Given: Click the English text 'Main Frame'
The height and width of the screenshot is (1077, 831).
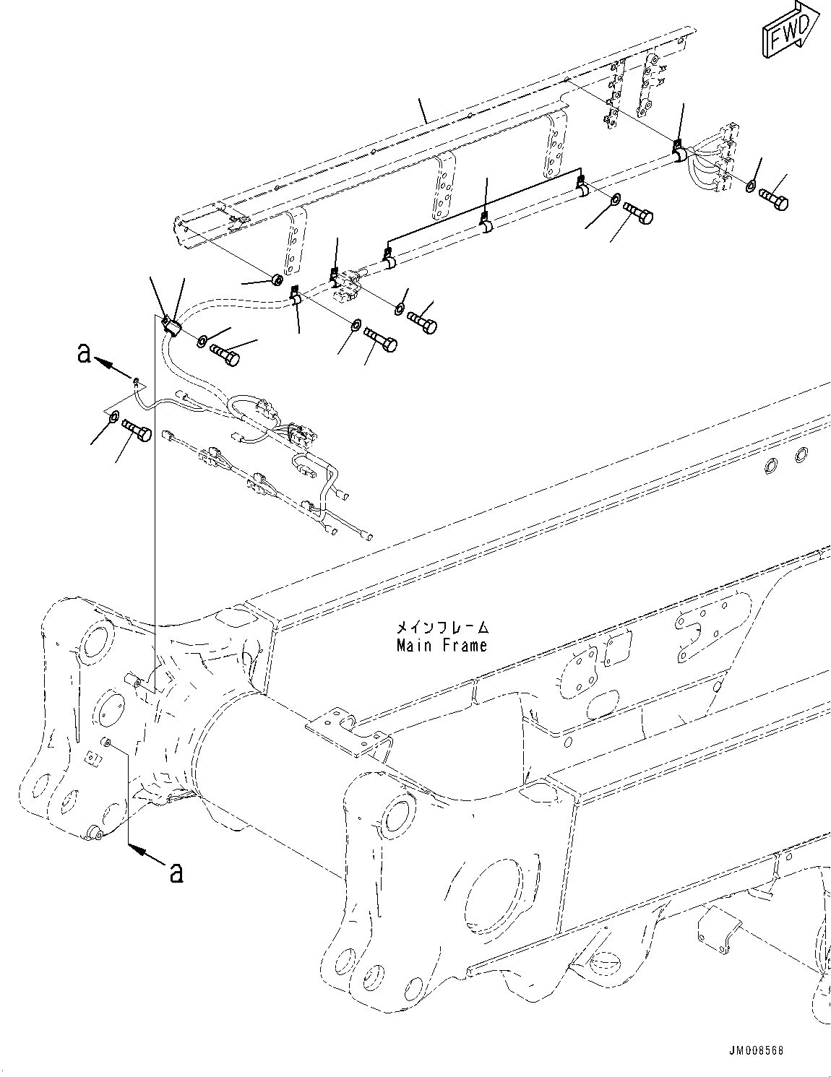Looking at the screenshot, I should (442, 645).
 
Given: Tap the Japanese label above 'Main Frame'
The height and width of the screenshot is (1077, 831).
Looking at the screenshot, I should (442, 627).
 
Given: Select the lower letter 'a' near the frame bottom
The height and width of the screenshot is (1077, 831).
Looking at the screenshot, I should (175, 872).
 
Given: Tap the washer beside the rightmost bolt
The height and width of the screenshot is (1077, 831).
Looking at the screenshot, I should (751, 187).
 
